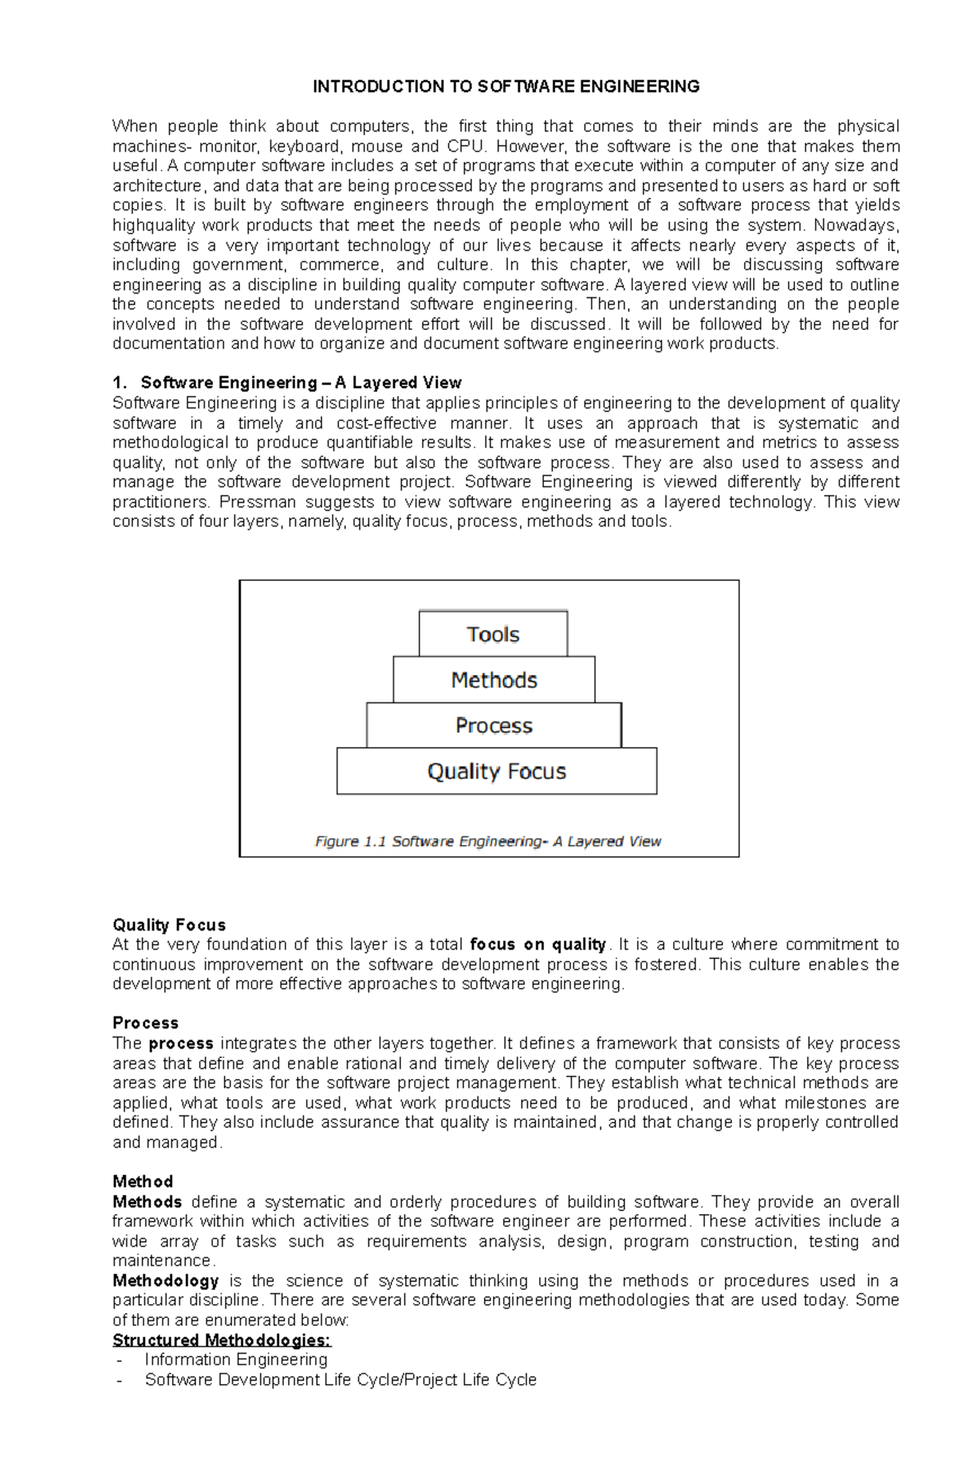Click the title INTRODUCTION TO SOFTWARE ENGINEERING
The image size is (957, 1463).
click(506, 86)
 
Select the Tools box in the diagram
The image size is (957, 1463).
click(493, 635)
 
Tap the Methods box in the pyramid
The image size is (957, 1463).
click(494, 680)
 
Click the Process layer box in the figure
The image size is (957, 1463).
click(494, 726)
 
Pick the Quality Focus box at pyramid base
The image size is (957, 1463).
click(496, 771)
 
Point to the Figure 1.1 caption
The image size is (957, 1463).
click(488, 841)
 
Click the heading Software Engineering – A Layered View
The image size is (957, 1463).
click(301, 383)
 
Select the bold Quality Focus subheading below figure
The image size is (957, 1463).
click(169, 925)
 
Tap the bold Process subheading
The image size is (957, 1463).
click(145, 1023)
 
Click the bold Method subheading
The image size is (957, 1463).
click(143, 1182)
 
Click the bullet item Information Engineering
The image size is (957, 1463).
click(236, 1359)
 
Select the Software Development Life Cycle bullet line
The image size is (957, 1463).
click(341, 1379)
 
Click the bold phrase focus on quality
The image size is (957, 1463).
click(538, 945)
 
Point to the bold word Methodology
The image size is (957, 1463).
click(166, 1280)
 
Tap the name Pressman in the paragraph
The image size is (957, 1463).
click(256, 502)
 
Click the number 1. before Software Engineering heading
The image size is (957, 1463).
click(120, 383)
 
